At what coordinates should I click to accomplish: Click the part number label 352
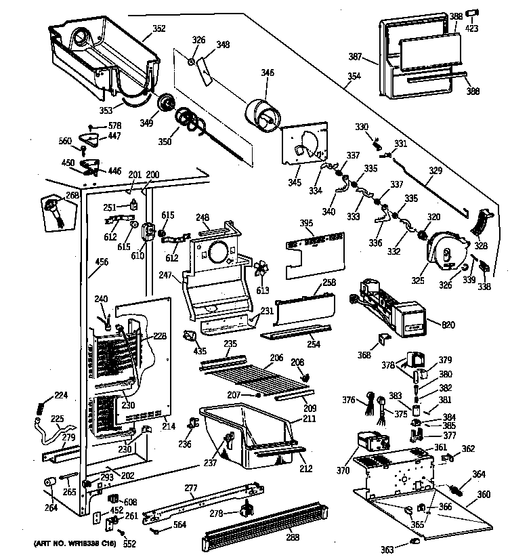158,28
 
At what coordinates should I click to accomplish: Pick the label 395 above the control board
307,223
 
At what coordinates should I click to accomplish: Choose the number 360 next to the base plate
483,494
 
